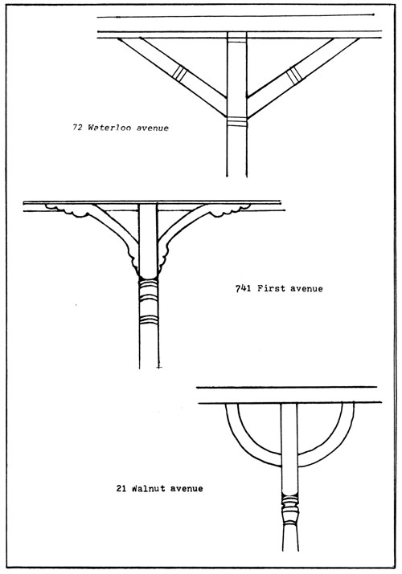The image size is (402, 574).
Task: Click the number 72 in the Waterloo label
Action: point(77,128)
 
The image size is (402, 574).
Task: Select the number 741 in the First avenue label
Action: point(243,288)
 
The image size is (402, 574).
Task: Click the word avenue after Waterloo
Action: point(153,128)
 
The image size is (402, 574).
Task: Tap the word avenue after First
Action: point(306,289)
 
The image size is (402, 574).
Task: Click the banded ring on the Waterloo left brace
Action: point(179,72)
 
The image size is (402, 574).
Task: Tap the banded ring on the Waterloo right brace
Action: point(294,75)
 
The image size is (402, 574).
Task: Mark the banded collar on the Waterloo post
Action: point(236,122)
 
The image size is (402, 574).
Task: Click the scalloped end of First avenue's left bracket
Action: point(68,210)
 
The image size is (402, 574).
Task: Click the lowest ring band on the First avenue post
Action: point(149,320)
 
